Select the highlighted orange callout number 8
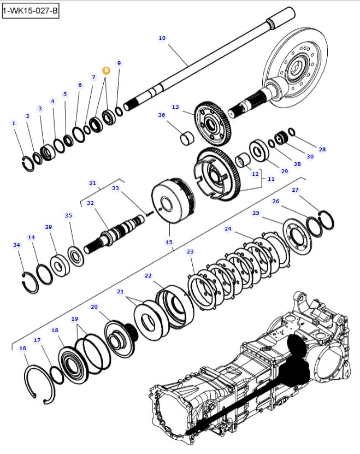click(106, 70)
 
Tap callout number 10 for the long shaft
click(162, 38)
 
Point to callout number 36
click(161, 115)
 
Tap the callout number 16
click(22, 348)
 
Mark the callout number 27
click(295, 190)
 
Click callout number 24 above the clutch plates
click(228, 228)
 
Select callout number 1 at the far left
click(14, 123)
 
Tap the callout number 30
click(310, 156)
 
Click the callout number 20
click(94, 307)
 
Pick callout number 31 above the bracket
click(92, 182)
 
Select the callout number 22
click(148, 276)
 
